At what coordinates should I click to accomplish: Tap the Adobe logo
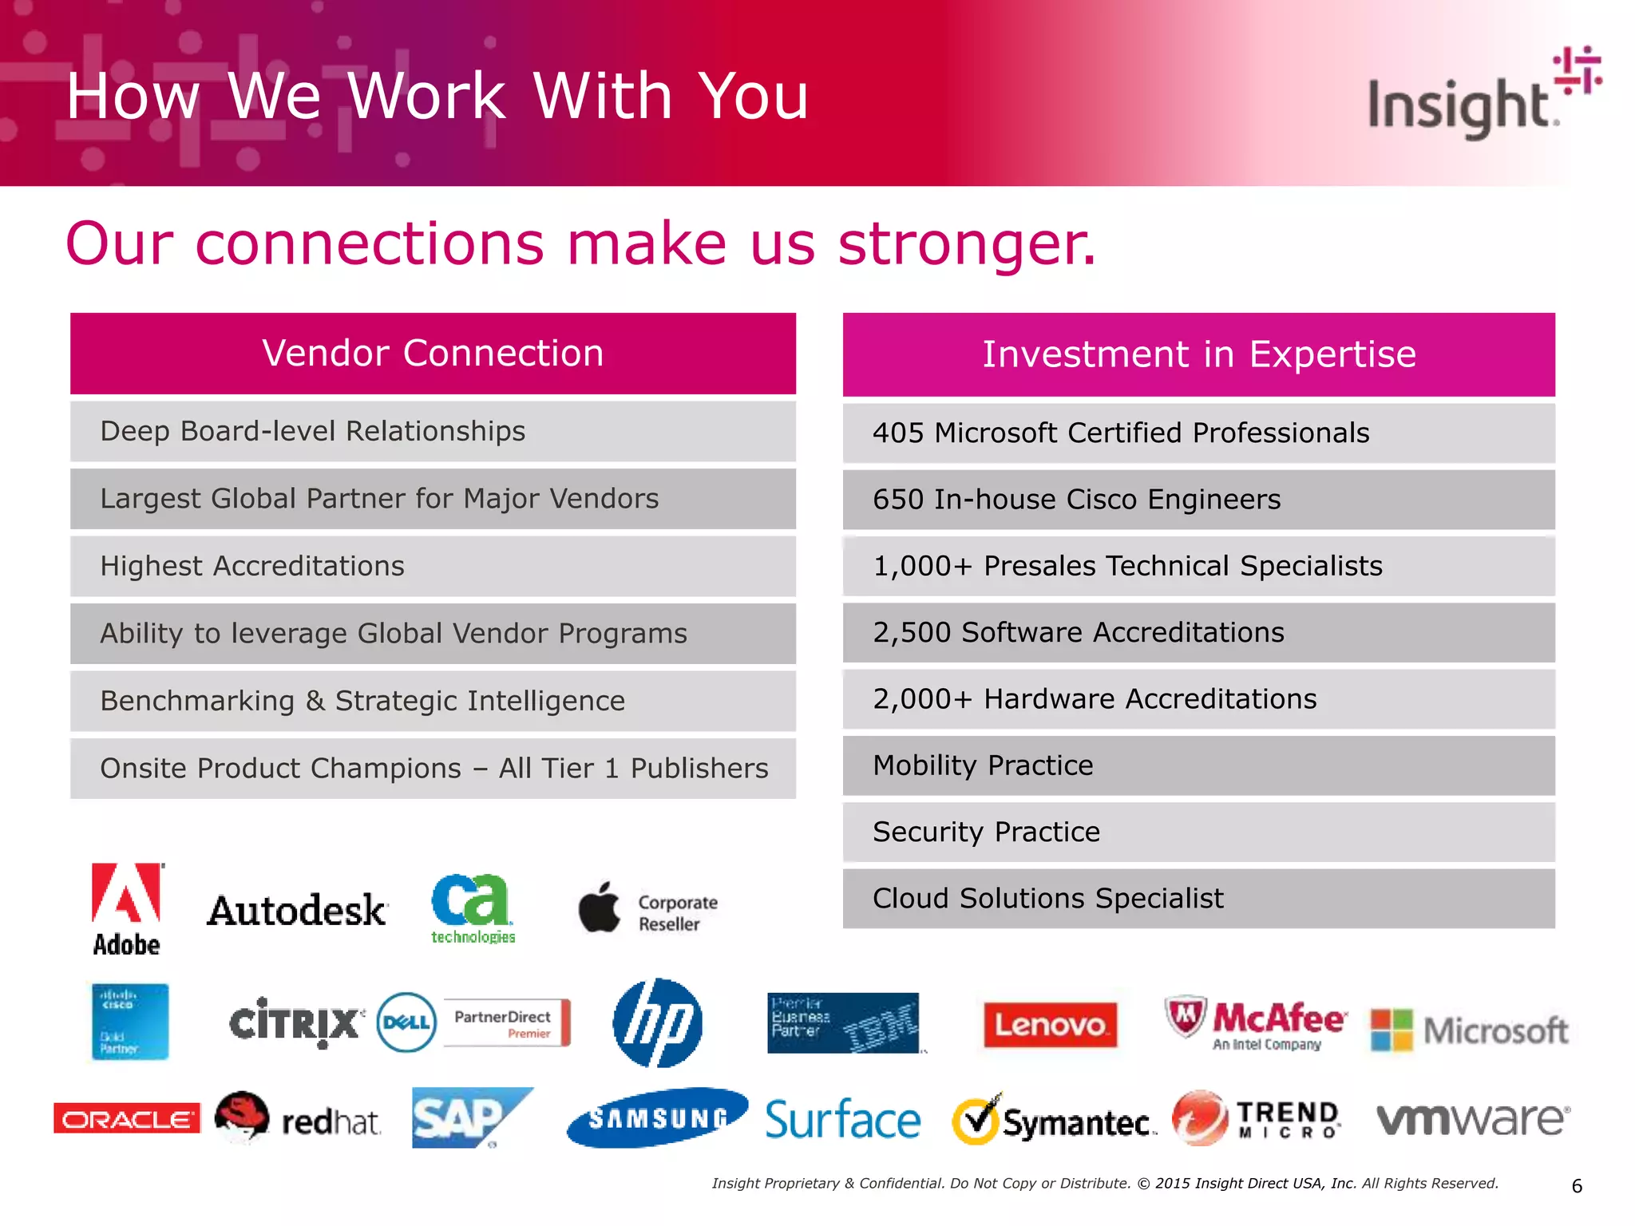tap(127, 908)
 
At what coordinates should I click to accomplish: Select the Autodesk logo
tap(297, 911)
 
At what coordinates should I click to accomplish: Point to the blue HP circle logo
tap(657, 1022)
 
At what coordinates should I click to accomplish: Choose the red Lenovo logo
tap(1049, 1024)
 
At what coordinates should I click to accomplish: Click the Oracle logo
tap(126, 1118)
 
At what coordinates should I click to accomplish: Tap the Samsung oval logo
tap(657, 1117)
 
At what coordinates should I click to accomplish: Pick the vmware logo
tap(1473, 1117)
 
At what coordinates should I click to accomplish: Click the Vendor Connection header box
tap(433, 354)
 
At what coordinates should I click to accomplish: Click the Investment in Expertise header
tap(1198, 354)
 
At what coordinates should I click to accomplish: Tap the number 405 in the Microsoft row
tap(897, 433)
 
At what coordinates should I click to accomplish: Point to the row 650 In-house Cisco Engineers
tap(1198, 500)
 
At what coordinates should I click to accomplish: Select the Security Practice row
tap(1198, 832)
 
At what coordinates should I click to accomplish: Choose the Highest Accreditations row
tap(433, 566)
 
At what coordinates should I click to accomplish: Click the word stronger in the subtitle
tap(967, 243)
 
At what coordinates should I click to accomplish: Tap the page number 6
tap(1576, 1186)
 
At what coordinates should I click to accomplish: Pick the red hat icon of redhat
tap(242, 1116)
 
